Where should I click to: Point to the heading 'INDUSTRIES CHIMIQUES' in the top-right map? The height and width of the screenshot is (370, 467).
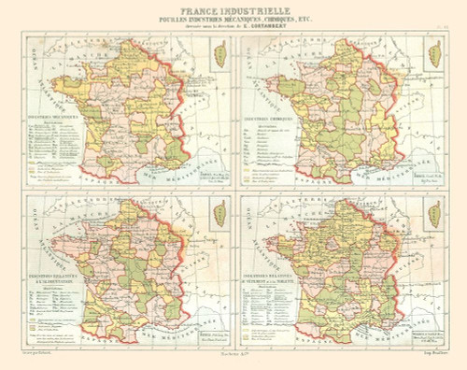point(271,120)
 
